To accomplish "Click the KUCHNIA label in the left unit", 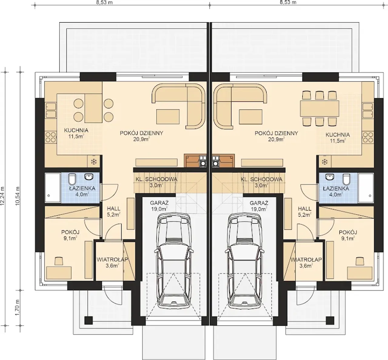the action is [76, 130].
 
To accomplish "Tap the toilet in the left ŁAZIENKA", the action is [72, 179].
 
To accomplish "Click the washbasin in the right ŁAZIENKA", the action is [330, 177].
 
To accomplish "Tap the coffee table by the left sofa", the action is [168, 117].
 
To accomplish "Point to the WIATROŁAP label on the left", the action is [112, 260].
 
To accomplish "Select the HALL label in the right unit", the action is [305, 209].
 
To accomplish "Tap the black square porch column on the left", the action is [89, 324].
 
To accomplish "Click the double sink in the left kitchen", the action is [51, 110].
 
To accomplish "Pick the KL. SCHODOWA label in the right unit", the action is [262, 179].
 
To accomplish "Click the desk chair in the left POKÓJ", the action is [59, 261].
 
